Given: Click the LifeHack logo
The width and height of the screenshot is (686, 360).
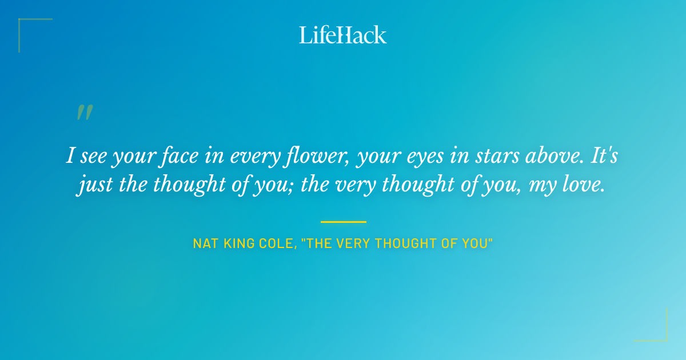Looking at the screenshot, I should coord(343,35).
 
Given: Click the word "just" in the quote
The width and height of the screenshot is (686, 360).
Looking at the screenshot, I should coord(90,185).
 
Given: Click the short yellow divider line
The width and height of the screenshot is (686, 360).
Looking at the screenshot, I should coord(343,222).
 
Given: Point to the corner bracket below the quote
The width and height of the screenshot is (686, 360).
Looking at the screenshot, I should coord(657,331).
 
